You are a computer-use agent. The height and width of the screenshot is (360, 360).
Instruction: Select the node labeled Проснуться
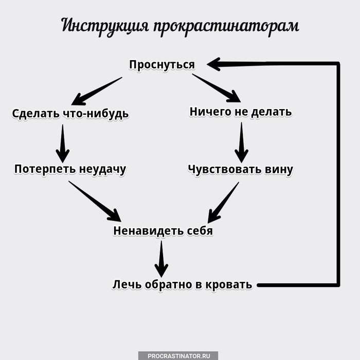pyautogui.click(x=162, y=65)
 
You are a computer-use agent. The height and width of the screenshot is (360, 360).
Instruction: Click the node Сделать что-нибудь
pyautogui.click(x=70, y=113)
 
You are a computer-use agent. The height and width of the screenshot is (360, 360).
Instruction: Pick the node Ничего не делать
pyautogui.click(x=241, y=112)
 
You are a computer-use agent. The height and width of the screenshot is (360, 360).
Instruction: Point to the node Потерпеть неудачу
pyautogui.click(x=70, y=169)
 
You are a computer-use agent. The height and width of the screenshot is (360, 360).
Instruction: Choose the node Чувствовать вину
pyautogui.click(x=241, y=169)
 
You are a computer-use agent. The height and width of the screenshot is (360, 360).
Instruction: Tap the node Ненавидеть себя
pyautogui.click(x=163, y=231)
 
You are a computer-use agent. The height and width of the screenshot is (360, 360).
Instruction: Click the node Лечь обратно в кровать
pyautogui.click(x=183, y=284)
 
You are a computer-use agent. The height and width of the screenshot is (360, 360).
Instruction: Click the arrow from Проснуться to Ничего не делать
pyautogui.click(x=217, y=88)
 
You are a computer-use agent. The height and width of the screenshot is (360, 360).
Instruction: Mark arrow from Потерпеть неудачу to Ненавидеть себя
pyautogui.click(x=95, y=202)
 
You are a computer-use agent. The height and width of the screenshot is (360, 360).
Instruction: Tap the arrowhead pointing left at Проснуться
pyautogui.click(x=215, y=64)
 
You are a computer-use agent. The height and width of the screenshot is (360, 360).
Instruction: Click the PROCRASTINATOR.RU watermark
pyautogui.click(x=178, y=355)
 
